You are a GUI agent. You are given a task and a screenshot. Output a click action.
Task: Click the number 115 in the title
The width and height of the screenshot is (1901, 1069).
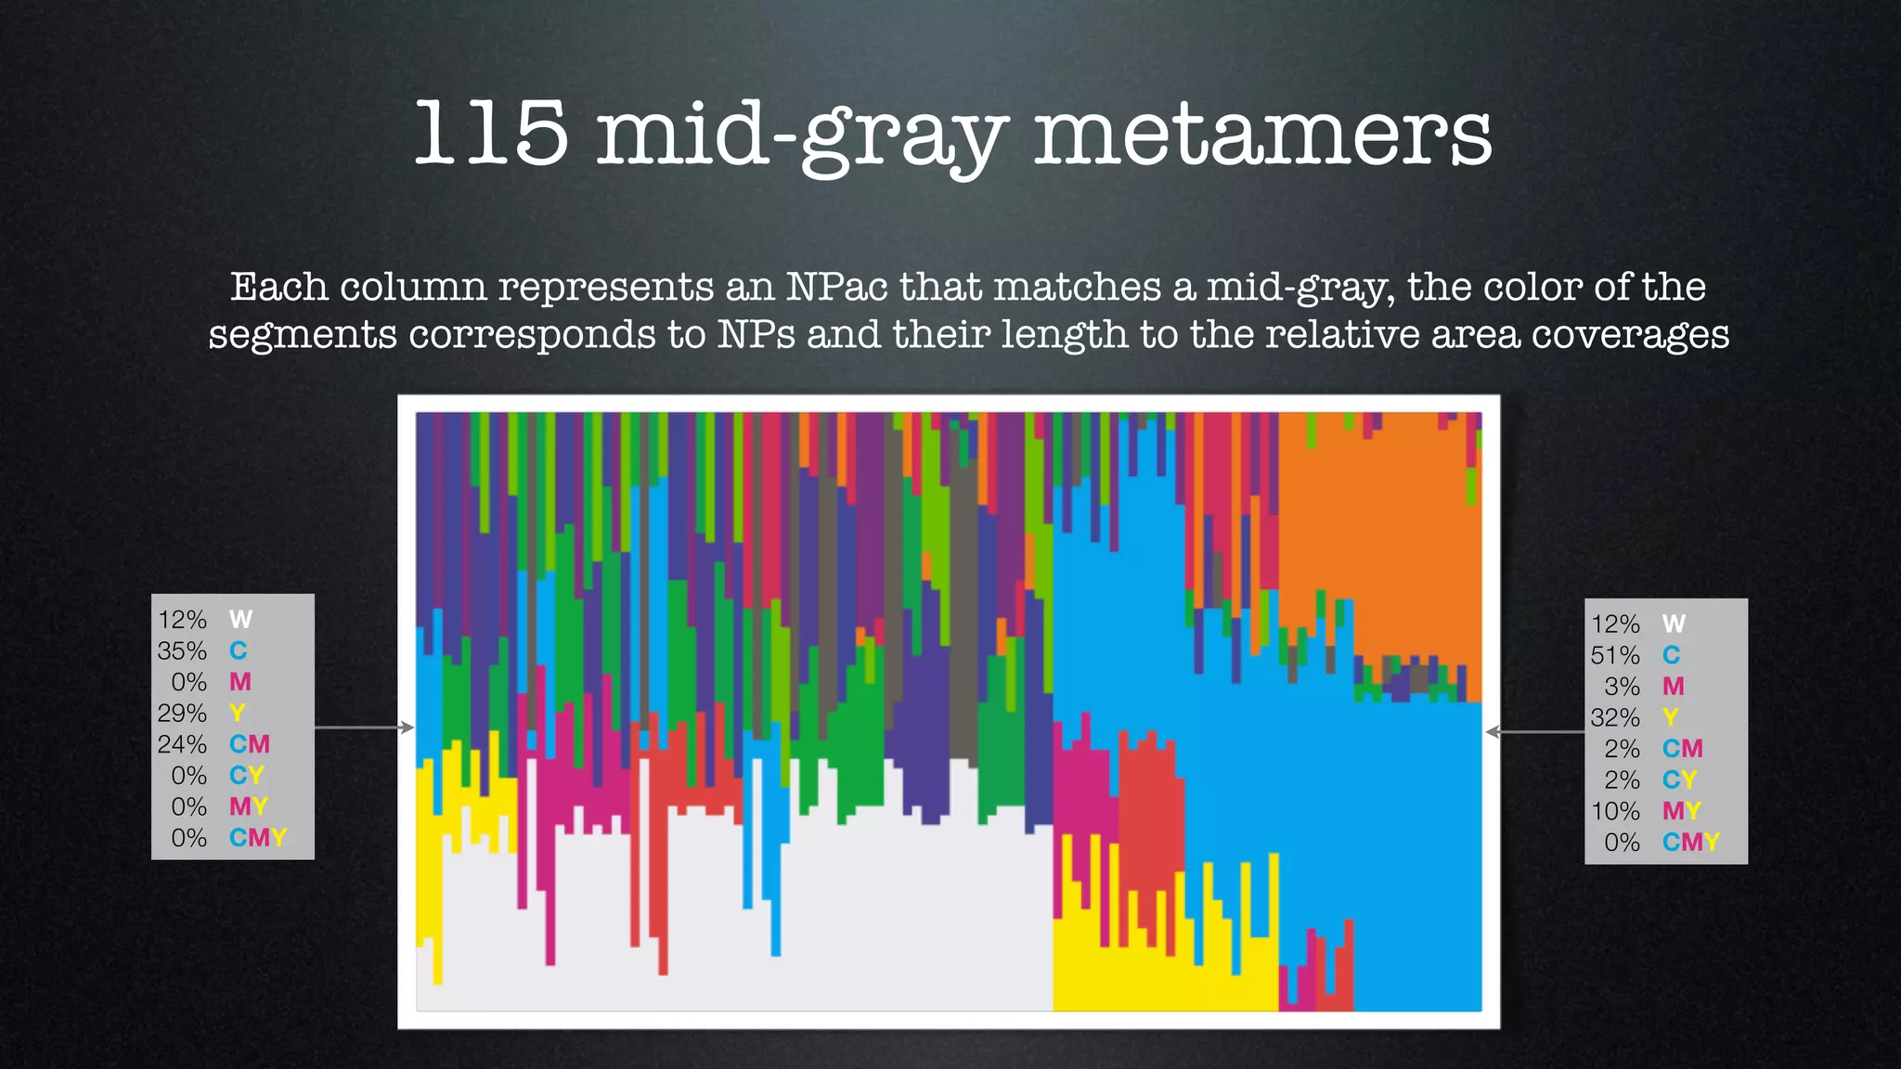coord(490,135)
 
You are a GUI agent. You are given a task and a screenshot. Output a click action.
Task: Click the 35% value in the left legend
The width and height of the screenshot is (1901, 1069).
coord(182,650)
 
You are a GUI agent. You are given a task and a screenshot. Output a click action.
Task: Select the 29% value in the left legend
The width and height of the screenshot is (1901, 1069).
coord(182,713)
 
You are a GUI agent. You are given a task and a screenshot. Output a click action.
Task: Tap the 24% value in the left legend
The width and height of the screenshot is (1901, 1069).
coord(182,744)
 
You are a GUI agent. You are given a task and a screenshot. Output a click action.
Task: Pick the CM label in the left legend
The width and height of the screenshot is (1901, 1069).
coord(250,744)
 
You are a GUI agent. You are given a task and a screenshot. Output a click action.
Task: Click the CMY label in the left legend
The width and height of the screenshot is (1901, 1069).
coord(258,838)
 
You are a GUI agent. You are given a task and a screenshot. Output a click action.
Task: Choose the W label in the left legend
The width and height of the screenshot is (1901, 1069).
coord(240,620)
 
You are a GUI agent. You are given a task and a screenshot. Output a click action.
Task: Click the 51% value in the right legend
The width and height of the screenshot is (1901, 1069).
coord(1615,655)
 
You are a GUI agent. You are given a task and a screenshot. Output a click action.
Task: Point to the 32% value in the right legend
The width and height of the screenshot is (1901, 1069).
coord(1615,717)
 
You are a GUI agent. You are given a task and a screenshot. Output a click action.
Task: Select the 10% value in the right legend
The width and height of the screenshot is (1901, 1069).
coord(1615,811)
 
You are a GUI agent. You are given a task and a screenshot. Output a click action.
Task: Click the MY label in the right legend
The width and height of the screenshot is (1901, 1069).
coord(1682,811)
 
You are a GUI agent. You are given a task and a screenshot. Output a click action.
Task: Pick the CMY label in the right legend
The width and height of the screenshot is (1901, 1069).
coord(1691,843)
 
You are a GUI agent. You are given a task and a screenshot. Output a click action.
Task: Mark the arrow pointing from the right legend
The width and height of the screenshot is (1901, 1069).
coord(1535,732)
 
